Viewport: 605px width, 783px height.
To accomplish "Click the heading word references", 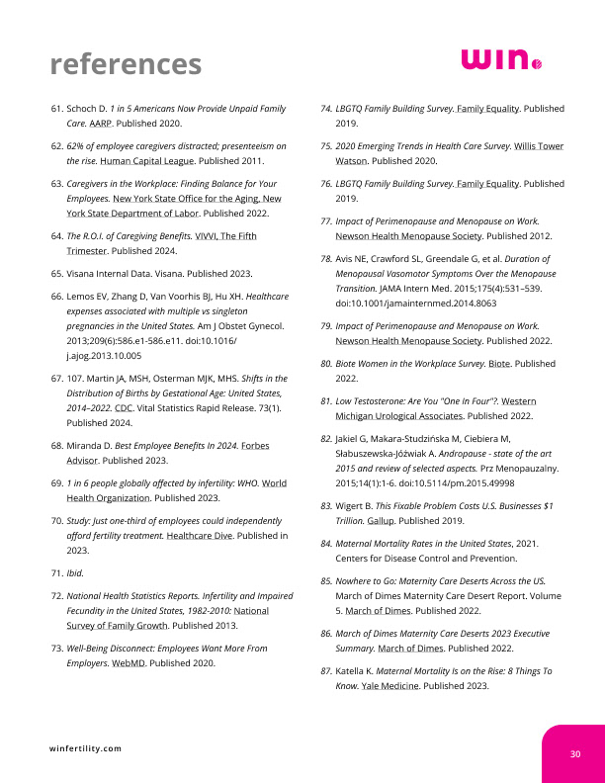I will click(126, 64).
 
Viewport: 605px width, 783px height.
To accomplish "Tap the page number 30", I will click(574, 754).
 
